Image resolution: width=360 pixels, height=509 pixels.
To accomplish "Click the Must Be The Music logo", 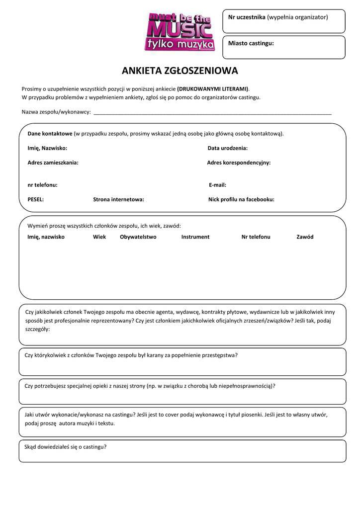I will coord(180,32).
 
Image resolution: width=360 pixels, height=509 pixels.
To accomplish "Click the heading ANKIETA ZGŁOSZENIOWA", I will coord(180,71).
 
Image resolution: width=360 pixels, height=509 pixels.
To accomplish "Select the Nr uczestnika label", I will coord(247,17).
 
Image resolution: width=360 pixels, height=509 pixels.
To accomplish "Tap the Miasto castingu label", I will coord(251,44).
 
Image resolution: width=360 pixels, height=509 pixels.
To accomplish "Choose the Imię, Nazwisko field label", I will coord(47,148).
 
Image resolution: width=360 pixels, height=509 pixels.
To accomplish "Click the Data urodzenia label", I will coord(227,148).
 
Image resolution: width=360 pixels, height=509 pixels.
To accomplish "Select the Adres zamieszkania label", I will coord(53,163).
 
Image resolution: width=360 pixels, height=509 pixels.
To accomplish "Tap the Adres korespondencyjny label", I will coord(239,163).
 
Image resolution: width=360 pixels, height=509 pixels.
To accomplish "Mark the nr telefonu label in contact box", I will coord(42,185).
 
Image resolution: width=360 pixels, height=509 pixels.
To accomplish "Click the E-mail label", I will coord(217,185).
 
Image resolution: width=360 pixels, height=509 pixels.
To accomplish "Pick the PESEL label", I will coord(35,199).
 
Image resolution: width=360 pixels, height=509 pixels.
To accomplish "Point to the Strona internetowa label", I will coord(118,199).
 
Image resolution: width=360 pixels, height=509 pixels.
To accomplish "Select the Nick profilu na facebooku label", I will coord(241,199).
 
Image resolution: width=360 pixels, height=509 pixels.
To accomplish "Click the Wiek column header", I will coord(99,237).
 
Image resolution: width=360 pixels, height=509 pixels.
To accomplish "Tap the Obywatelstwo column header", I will coord(138,237).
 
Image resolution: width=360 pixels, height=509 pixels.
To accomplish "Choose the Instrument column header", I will coord(195,237).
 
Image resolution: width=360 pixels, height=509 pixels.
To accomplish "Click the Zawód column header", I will coord(305,237).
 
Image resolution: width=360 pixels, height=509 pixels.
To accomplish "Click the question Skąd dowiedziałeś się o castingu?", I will coord(66,447).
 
